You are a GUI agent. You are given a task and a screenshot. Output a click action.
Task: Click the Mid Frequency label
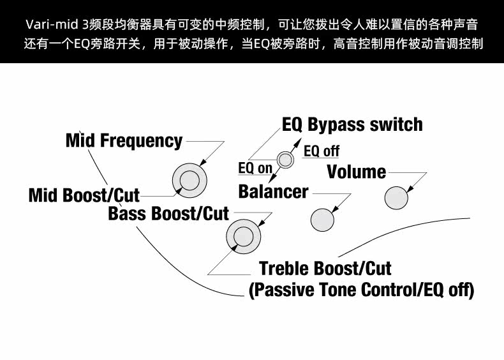pyautogui.click(x=124, y=140)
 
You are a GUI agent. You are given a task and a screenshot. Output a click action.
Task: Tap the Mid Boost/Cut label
pyautogui.click(x=84, y=195)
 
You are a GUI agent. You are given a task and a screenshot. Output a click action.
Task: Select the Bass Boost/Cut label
pyautogui.click(x=168, y=213)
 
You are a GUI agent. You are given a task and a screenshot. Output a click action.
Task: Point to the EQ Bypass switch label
pyautogui.click(x=352, y=124)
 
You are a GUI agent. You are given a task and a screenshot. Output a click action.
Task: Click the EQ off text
pyautogui.click(x=322, y=151)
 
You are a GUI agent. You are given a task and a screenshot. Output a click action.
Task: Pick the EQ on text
pyautogui.click(x=255, y=168)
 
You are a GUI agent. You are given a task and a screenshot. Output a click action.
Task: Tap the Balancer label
pyautogui.click(x=273, y=191)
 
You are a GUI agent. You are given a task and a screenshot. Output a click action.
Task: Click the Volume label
pyautogui.click(x=356, y=172)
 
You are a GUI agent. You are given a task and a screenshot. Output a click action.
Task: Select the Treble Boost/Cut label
pyautogui.click(x=325, y=268)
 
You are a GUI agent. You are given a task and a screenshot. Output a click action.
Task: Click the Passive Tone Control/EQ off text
pyautogui.click(x=361, y=290)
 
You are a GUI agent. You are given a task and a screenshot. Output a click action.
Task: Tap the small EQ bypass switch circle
pyautogui.click(x=285, y=160)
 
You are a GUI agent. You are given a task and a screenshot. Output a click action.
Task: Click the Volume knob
pyautogui.click(x=396, y=198)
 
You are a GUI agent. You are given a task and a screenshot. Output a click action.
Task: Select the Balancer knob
pyautogui.click(x=322, y=220)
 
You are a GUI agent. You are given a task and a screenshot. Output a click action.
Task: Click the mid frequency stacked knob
pyautogui.click(x=189, y=181)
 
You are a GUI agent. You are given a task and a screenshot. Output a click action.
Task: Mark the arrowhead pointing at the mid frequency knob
pyautogui.click(x=202, y=164)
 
